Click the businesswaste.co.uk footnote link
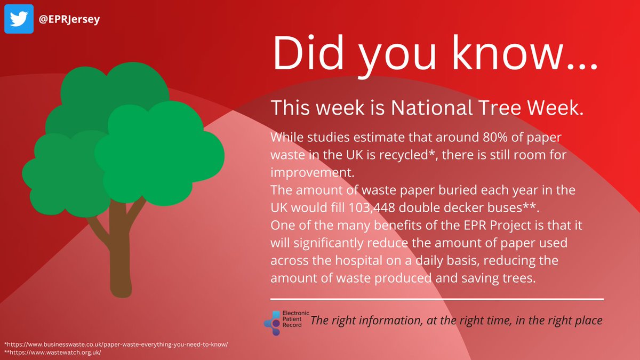[x=116, y=344]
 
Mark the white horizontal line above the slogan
[x=437, y=299]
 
